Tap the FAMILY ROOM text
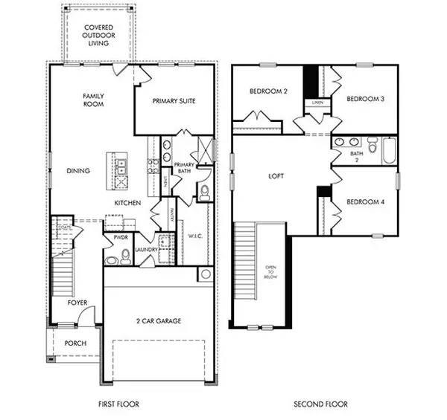93,100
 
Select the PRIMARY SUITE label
174,100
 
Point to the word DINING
77,171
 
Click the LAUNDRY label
146,251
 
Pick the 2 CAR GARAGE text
158,321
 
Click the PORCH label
75,343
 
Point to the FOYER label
78,303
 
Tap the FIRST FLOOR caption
119,404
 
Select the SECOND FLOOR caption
320,404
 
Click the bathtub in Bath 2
388,150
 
